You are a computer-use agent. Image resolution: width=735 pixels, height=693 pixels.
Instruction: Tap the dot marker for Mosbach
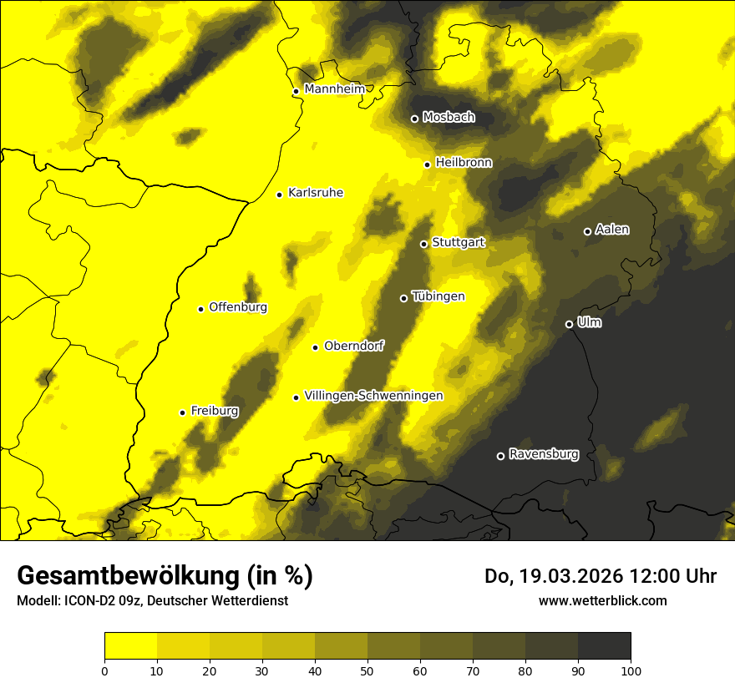pyautogui.click(x=414, y=119)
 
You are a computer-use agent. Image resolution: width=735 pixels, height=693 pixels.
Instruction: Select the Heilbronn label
pyautogui.click(x=464, y=162)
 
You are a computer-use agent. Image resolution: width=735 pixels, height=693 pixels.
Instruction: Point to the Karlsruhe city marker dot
pyautogui.click(x=280, y=195)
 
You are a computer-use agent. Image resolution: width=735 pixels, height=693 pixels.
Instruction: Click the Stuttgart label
pyautogui.click(x=458, y=242)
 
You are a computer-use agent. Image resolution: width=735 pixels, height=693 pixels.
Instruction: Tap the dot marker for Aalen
pyautogui.click(x=587, y=231)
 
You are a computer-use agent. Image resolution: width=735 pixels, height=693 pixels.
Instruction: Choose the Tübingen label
pyautogui.click(x=438, y=296)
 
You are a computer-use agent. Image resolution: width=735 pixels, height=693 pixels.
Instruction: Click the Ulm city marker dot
pyautogui.click(x=570, y=324)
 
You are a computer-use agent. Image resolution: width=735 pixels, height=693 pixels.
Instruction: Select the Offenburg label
pyautogui.click(x=238, y=307)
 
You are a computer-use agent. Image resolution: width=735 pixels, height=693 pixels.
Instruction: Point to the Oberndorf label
pyautogui.click(x=354, y=346)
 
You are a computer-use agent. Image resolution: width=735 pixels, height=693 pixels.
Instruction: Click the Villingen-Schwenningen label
pyautogui.click(x=373, y=396)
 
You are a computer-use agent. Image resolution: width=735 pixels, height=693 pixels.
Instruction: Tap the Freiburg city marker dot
pyautogui.click(x=183, y=412)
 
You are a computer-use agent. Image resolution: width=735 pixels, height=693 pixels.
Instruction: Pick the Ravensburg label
pyautogui.click(x=544, y=454)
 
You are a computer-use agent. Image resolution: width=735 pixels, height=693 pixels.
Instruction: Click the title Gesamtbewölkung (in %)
pyautogui.click(x=165, y=575)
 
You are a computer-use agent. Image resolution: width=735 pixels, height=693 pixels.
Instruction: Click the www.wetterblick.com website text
pyautogui.click(x=602, y=600)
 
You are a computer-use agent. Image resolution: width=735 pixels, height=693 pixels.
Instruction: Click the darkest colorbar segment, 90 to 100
pyautogui.click(x=604, y=645)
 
